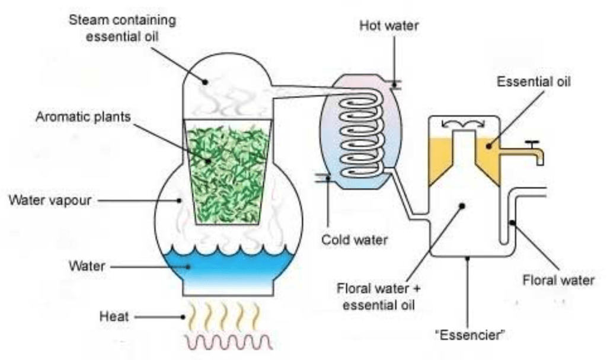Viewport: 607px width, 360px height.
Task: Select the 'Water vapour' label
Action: pos(50,200)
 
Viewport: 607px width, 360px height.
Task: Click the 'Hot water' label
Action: pos(389,26)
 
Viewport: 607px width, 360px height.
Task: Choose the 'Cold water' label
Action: pos(354,240)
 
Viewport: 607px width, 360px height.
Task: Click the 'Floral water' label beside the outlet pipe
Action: pos(558,279)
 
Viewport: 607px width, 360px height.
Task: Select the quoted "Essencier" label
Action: pos(469,336)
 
